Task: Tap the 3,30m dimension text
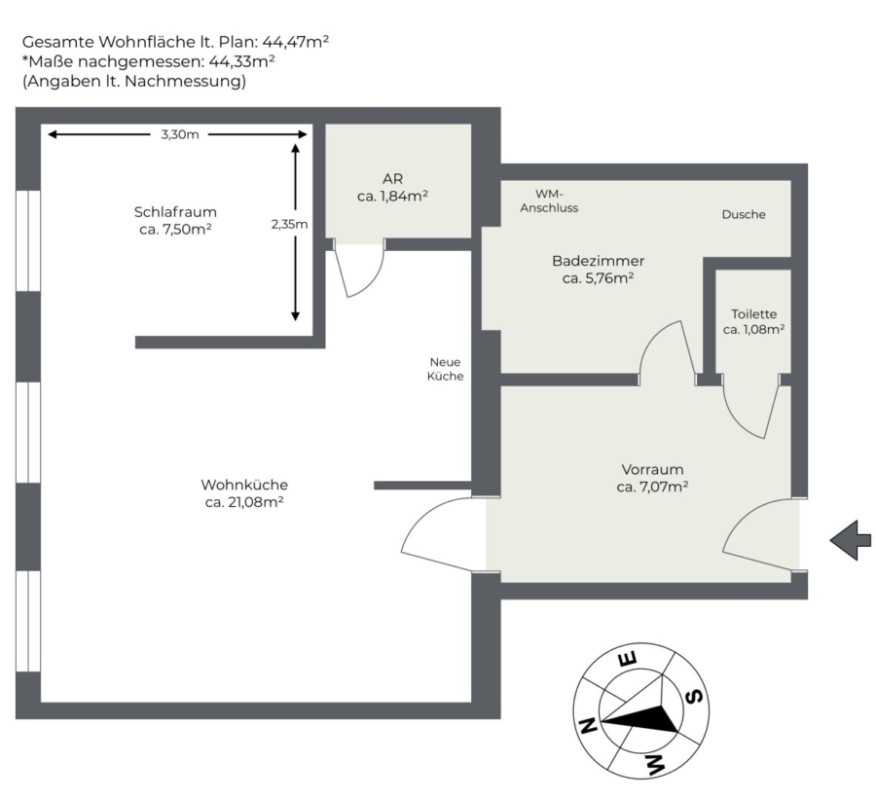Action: click(x=180, y=134)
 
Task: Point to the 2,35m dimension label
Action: click(x=289, y=224)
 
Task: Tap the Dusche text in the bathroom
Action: click(x=744, y=214)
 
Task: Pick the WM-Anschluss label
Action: click(x=549, y=201)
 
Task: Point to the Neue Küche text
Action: click(x=445, y=369)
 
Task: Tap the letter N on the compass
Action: click(x=588, y=726)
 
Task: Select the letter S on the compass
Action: click(x=694, y=697)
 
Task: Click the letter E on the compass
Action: click(x=627, y=660)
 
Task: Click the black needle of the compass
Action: click(x=641, y=719)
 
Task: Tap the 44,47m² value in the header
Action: click(x=296, y=42)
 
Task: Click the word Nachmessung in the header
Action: click(x=185, y=82)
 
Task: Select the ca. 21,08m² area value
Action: click(x=244, y=502)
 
